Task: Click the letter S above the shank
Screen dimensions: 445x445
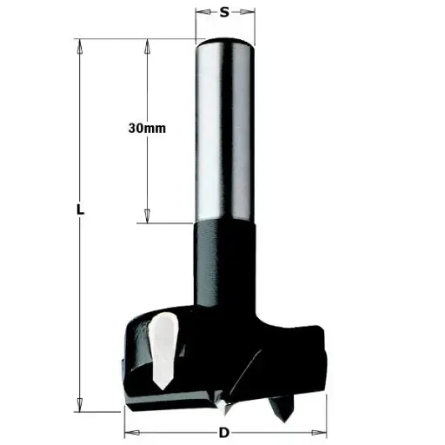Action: point(224,12)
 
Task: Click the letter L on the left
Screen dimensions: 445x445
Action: point(79,210)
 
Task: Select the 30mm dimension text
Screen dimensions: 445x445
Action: point(146,127)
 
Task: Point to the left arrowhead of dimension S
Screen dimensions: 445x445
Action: point(198,13)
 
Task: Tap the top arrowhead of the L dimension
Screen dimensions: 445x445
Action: point(79,44)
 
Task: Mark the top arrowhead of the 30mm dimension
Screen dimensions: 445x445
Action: point(147,44)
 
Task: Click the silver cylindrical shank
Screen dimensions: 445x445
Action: point(224,130)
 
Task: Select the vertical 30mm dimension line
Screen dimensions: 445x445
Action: point(147,174)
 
